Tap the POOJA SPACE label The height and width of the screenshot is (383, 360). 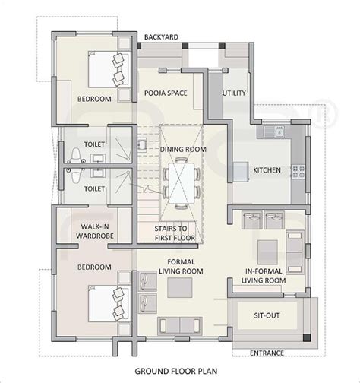166,93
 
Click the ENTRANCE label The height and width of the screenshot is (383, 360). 268,353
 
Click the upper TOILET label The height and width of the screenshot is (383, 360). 94,144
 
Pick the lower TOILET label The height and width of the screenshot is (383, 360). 94,188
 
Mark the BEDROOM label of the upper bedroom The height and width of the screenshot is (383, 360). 94,100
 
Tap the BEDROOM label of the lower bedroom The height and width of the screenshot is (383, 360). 94,267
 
